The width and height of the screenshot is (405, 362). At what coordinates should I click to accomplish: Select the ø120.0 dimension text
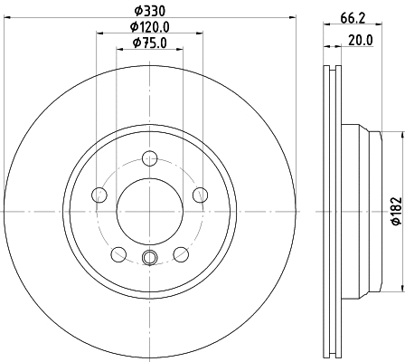[149, 28]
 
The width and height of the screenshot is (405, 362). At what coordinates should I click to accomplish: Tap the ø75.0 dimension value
[149, 43]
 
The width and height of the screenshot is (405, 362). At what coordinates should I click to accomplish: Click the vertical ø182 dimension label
[395, 213]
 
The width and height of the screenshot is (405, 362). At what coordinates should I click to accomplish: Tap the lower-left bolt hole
[118, 253]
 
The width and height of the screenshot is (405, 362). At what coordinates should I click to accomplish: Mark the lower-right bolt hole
[181, 253]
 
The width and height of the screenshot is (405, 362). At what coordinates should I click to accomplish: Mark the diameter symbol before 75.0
[135, 43]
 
